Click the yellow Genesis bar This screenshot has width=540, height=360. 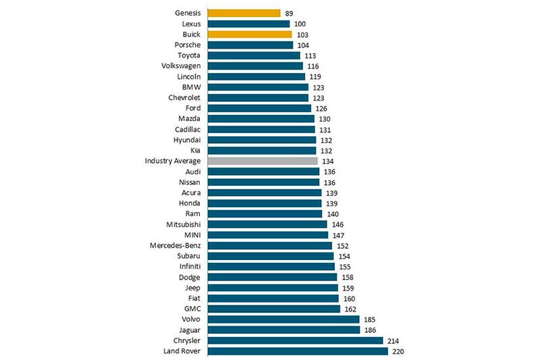pos(244,13)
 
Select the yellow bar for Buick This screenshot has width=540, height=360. pos(250,34)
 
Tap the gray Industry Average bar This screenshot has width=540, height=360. pos(263,161)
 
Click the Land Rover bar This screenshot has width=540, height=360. pos(298,351)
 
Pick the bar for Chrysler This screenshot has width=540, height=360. pos(295,340)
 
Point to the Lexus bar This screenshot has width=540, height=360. pos(248,24)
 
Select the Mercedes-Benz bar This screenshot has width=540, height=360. pos(269,246)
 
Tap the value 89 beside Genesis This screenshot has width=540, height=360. pos(290,14)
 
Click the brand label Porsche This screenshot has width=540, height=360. pos(187,45)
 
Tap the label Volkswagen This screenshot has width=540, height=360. pos(181,66)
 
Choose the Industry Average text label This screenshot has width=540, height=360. pos(172,161)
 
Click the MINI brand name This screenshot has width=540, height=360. pos(190,235)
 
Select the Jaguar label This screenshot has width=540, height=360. pos(188,330)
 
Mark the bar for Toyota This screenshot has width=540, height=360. pos(254,55)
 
